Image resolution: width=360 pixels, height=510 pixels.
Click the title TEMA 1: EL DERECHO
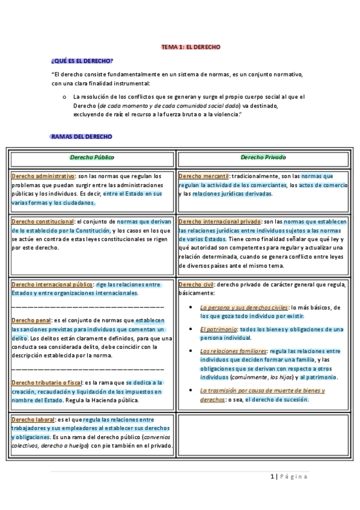pos(191,46)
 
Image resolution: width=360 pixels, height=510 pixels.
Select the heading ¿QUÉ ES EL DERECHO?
pos(82,61)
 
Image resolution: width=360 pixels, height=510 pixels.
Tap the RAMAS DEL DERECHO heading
pos(82,137)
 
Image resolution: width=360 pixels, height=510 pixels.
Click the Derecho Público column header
pos(92,158)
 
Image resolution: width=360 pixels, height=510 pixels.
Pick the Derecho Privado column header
pos(263,158)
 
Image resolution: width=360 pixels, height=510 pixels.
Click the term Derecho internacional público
pos(52,284)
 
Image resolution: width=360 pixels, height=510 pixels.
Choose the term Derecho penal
pos(31,321)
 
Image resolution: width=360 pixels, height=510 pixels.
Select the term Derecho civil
pos(196,284)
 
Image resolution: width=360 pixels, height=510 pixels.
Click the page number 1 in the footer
pos(271,477)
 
